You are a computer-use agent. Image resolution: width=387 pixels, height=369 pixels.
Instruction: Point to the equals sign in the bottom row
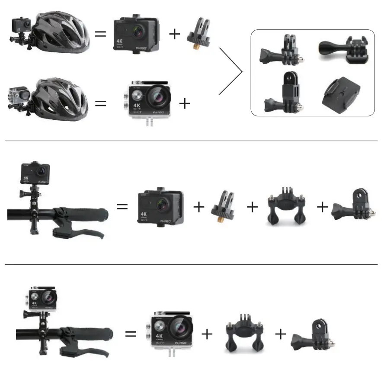click(x=131, y=334)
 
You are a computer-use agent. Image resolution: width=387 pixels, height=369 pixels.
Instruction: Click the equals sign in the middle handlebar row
click(x=122, y=207)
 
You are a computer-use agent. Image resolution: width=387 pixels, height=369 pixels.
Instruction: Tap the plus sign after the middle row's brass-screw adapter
click(x=252, y=207)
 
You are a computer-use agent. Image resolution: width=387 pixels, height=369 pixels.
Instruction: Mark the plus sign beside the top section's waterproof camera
click(x=185, y=103)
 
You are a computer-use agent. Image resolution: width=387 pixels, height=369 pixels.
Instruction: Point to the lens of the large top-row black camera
click(x=138, y=32)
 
